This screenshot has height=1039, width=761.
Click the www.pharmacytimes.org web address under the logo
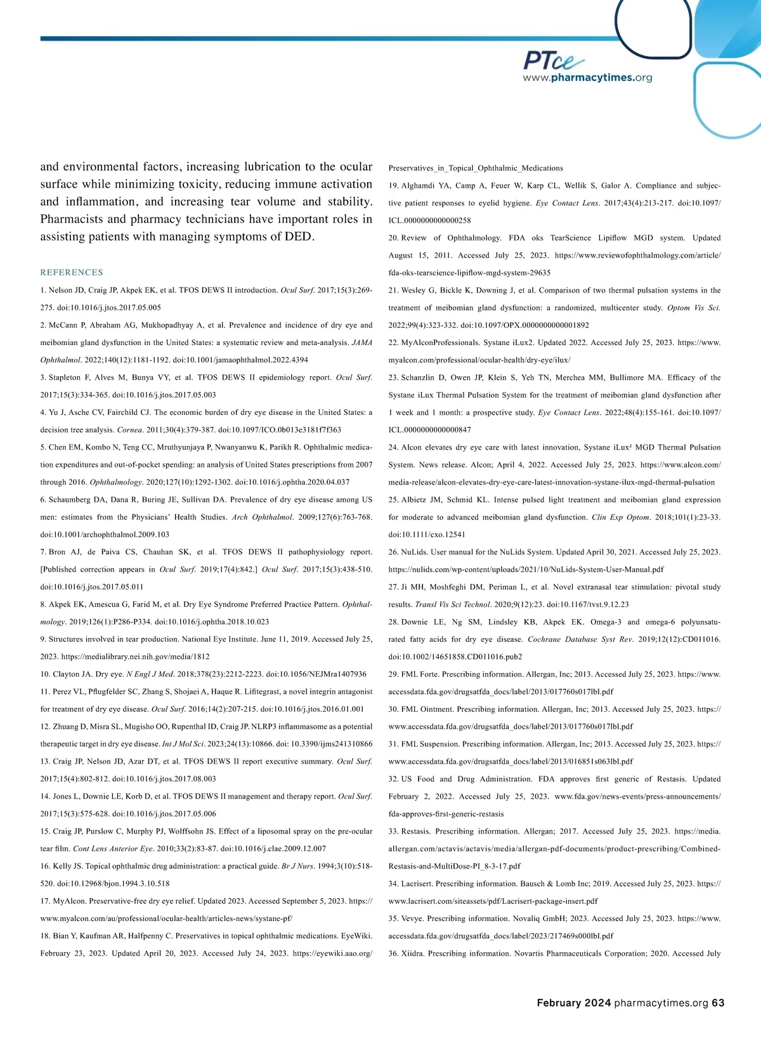pyautogui.click(x=587, y=78)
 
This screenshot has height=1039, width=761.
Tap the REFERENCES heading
pyautogui.click(x=72, y=272)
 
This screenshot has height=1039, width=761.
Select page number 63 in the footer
pyautogui.click(x=718, y=1003)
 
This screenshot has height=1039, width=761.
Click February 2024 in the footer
pyautogui.click(x=574, y=1003)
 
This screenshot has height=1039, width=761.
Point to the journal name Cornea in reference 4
pyautogui.click(x=129, y=429)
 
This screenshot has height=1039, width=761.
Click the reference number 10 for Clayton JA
pyautogui.click(x=45, y=674)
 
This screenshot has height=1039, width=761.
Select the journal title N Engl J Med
pyautogui.click(x=150, y=674)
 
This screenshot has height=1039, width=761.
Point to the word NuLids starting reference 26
pyautogui.click(x=414, y=552)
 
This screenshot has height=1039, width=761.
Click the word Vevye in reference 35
pyautogui.click(x=412, y=918)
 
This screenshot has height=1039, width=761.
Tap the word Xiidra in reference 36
pyautogui.click(x=413, y=953)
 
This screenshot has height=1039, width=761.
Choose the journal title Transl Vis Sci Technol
pyautogui.click(x=453, y=604)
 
